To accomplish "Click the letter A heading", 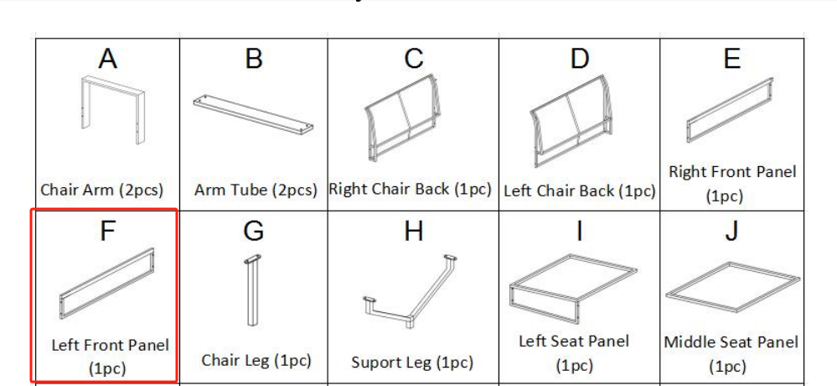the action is tap(108, 58).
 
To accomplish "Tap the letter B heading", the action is tap(254, 58).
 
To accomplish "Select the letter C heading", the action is tap(414, 58).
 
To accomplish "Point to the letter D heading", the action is tap(580, 58).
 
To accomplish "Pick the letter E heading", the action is tap(731, 58).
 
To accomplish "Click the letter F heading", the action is tap(107, 231).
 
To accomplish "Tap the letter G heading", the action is tap(254, 231).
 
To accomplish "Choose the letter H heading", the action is tap(414, 231).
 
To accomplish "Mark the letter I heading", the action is tap(579, 231).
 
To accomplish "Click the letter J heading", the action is tap(731, 231).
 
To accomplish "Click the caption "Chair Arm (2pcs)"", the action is tap(102, 190).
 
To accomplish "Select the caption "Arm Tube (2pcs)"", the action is tap(256, 190).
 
